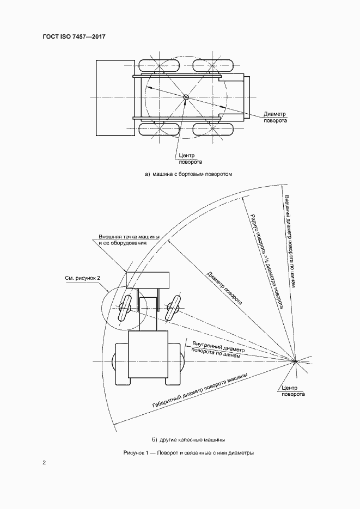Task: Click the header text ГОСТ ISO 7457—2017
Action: point(74,36)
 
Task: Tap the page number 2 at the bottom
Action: point(44,462)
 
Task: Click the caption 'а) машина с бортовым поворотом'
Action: point(188,174)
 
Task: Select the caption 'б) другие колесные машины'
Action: point(188,440)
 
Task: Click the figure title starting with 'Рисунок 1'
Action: point(188,452)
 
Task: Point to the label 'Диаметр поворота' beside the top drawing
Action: point(275,117)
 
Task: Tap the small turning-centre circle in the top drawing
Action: point(186,97)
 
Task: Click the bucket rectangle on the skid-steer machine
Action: point(115,97)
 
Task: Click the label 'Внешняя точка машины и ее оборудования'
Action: point(129,240)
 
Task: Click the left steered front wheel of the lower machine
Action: point(124,308)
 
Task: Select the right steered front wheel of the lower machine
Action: point(173,308)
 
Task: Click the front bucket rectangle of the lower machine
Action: point(148,280)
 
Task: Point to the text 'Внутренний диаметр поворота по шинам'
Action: point(217,350)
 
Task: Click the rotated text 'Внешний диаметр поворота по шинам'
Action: point(290,241)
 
